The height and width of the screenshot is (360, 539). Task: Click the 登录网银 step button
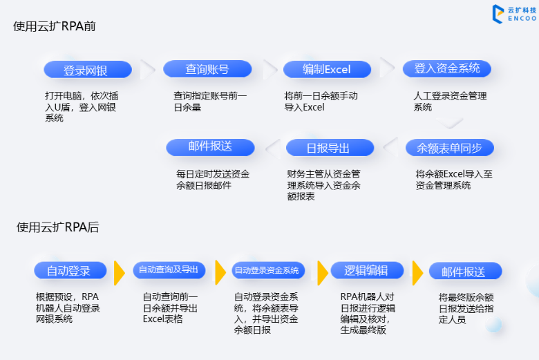point(87,70)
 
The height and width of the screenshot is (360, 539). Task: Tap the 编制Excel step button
point(327,69)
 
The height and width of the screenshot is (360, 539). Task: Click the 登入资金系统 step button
point(447,68)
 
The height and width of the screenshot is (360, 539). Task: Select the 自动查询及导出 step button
point(169,270)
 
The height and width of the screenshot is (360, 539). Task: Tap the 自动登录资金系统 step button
point(267,270)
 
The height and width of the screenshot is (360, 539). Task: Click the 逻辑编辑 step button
point(366,270)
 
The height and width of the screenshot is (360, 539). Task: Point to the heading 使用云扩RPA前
point(54,26)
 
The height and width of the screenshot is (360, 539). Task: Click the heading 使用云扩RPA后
point(57,227)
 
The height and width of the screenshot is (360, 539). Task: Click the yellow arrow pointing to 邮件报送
point(417,272)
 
